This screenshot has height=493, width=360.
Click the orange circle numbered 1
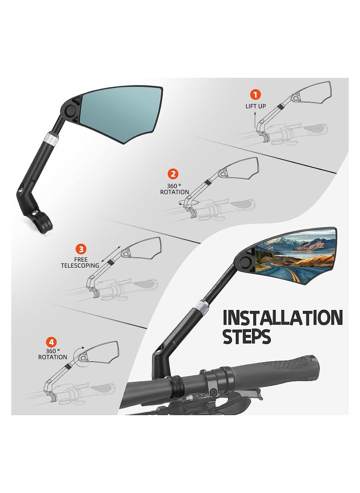click(255, 94)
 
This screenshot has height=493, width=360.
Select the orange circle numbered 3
click(81, 249)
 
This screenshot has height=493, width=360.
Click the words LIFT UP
click(255, 106)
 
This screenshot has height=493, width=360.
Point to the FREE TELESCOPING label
click(80, 262)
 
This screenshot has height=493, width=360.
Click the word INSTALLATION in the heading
click(282, 318)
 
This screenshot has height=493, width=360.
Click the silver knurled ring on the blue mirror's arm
click(53, 139)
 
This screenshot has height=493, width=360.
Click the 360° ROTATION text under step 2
click(175, 189)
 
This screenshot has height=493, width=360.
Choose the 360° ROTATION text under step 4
click(49, 354)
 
